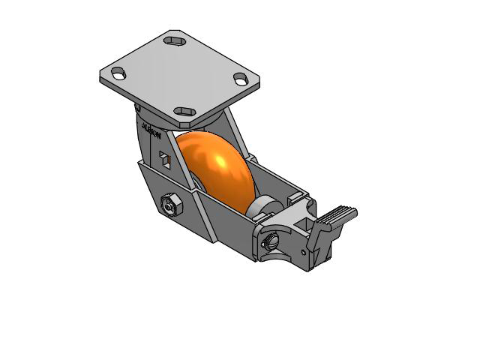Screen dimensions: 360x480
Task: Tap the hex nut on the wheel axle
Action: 170,202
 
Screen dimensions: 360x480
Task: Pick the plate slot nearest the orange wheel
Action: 184,112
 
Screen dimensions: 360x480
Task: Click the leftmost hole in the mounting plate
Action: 118,73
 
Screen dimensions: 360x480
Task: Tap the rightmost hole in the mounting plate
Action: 240,77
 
